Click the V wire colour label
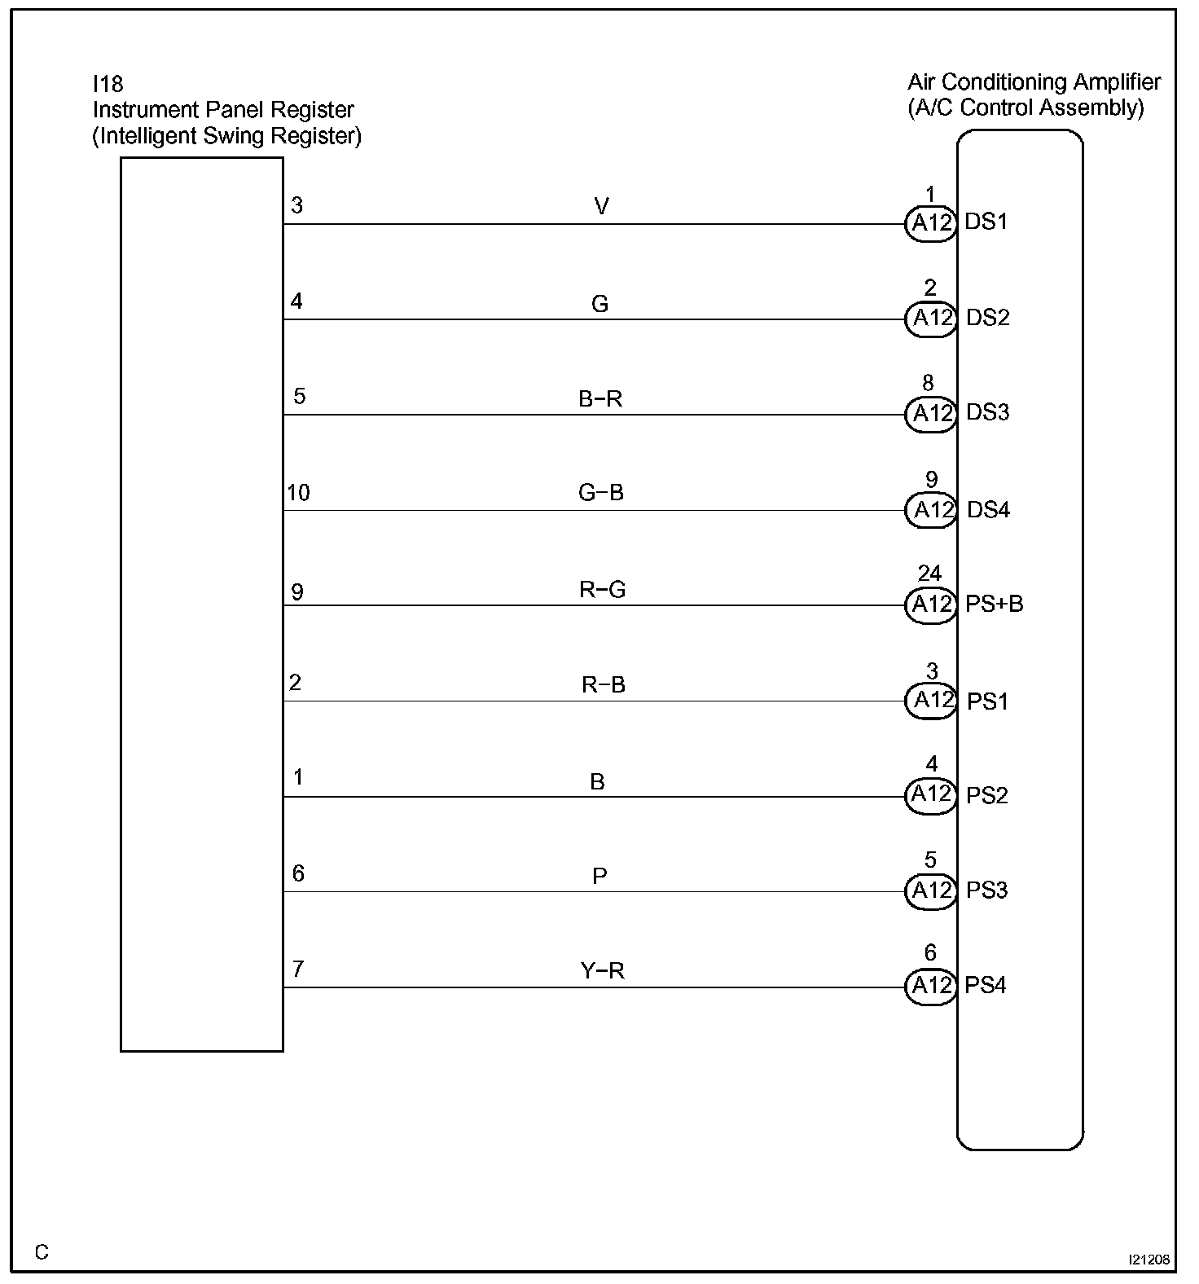[x=601, y=207]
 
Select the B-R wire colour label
[x=601, y=399]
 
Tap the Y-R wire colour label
[x=603, y=970]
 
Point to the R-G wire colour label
[x=603, y=589]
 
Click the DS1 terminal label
[x=986, y=222]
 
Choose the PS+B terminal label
[x=995, y=605]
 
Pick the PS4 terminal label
[x=986, y=986]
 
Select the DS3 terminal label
[x=987, y=413]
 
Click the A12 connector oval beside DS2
[x=931, y=318]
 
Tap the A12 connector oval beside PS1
[x=931, y=701]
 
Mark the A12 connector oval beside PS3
[x=931, y=890]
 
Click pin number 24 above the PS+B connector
[x=930, y=574]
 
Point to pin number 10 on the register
[x=298, y=493]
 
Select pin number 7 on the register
[x=298, y=969]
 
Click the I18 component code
[x=108, y=84]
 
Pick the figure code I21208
[x=1149, y=1260]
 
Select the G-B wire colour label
[x=601, y=493]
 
